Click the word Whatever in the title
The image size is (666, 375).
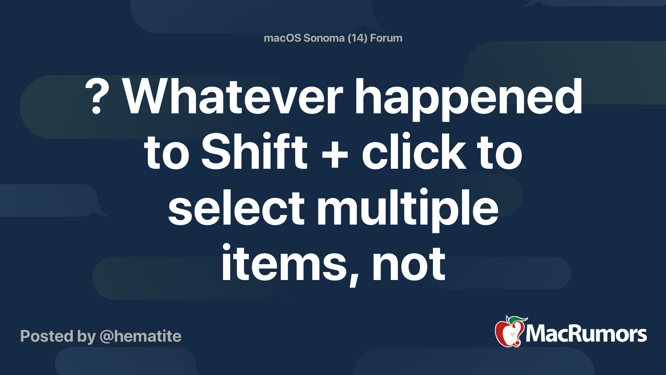click(233, 97)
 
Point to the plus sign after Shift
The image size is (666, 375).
click(335, 155)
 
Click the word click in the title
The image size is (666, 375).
click(414, 151)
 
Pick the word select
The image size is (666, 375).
click(236, 207)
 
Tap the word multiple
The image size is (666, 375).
click(408, 210)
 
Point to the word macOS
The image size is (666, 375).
click(282, 38)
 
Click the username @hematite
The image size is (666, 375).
click(140, 336)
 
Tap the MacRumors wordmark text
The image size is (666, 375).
click(586, 334)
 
